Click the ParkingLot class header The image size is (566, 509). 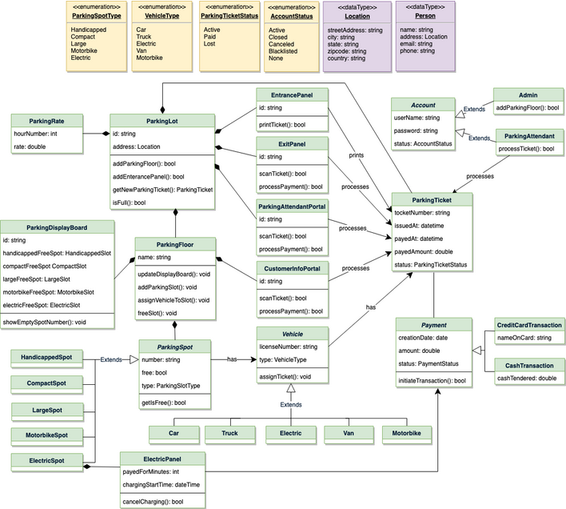pyautogui.click(x=162, y=121)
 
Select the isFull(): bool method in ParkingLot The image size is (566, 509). pyautogui.click(x=129, y=202)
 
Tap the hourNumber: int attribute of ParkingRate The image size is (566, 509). pyautogui.click(x=35, y=134)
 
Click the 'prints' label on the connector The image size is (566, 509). pyautogui.click(x=357, y=155)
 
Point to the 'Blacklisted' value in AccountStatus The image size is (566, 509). pyautogui.click(x=283, y=51)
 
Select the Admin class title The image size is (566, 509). pyautogui.click(x=528, y=95)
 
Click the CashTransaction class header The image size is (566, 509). pyautogui.click(x=529, y=366)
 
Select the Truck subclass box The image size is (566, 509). pyautogui.click(x=230, y=435)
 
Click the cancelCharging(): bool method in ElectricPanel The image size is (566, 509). pyautogui.click(x=153, y=502)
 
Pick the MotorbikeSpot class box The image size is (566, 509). pyautogui.click(x=47, y=437)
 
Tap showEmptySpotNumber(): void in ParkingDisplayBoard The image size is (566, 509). pyautogui.click(x=45, y=323)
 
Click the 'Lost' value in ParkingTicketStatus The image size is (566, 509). pyautogui.click(x=209, y=44)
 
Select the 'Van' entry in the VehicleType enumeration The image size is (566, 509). pyautogui.click(x=141, y=50)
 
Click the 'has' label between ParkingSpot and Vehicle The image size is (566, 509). pyautogui.click(x=232, y=359)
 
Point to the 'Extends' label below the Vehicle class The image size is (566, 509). pyautogui.click(x=291, y=405)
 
